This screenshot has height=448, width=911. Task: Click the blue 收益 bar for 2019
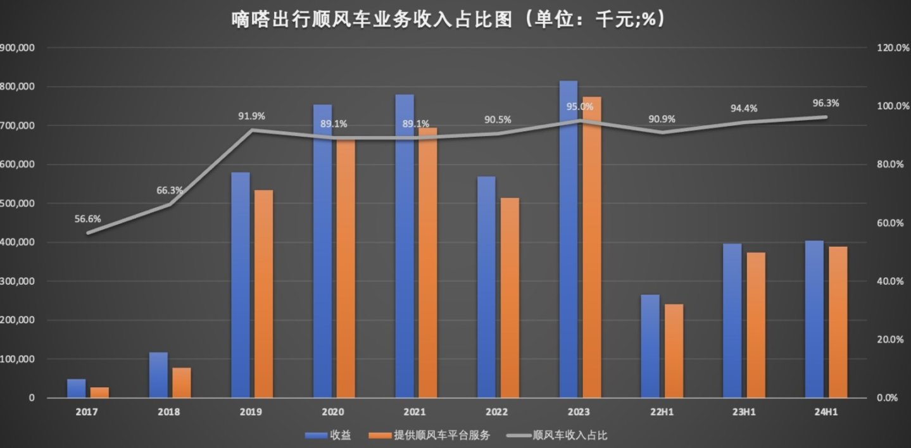(x=241, y=285)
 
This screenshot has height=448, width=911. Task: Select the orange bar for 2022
(x=509, y=297)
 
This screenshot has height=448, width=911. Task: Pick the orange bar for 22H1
(x=674, y=351)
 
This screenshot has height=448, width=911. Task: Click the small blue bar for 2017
(x=77, y=388)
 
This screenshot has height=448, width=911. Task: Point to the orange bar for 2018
(x=182, y=382)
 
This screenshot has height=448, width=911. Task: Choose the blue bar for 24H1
(x=814, y=319)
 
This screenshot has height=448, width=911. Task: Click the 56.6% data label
(x=87, y=219)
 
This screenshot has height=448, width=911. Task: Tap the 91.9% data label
(x=251, y=116)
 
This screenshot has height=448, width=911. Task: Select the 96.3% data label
(x=826, y=103)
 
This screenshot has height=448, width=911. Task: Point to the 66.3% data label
(x=170, y=190)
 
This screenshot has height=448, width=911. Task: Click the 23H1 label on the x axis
(x=743, y=412)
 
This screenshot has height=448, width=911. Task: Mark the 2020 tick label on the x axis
(x=333, y=412)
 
